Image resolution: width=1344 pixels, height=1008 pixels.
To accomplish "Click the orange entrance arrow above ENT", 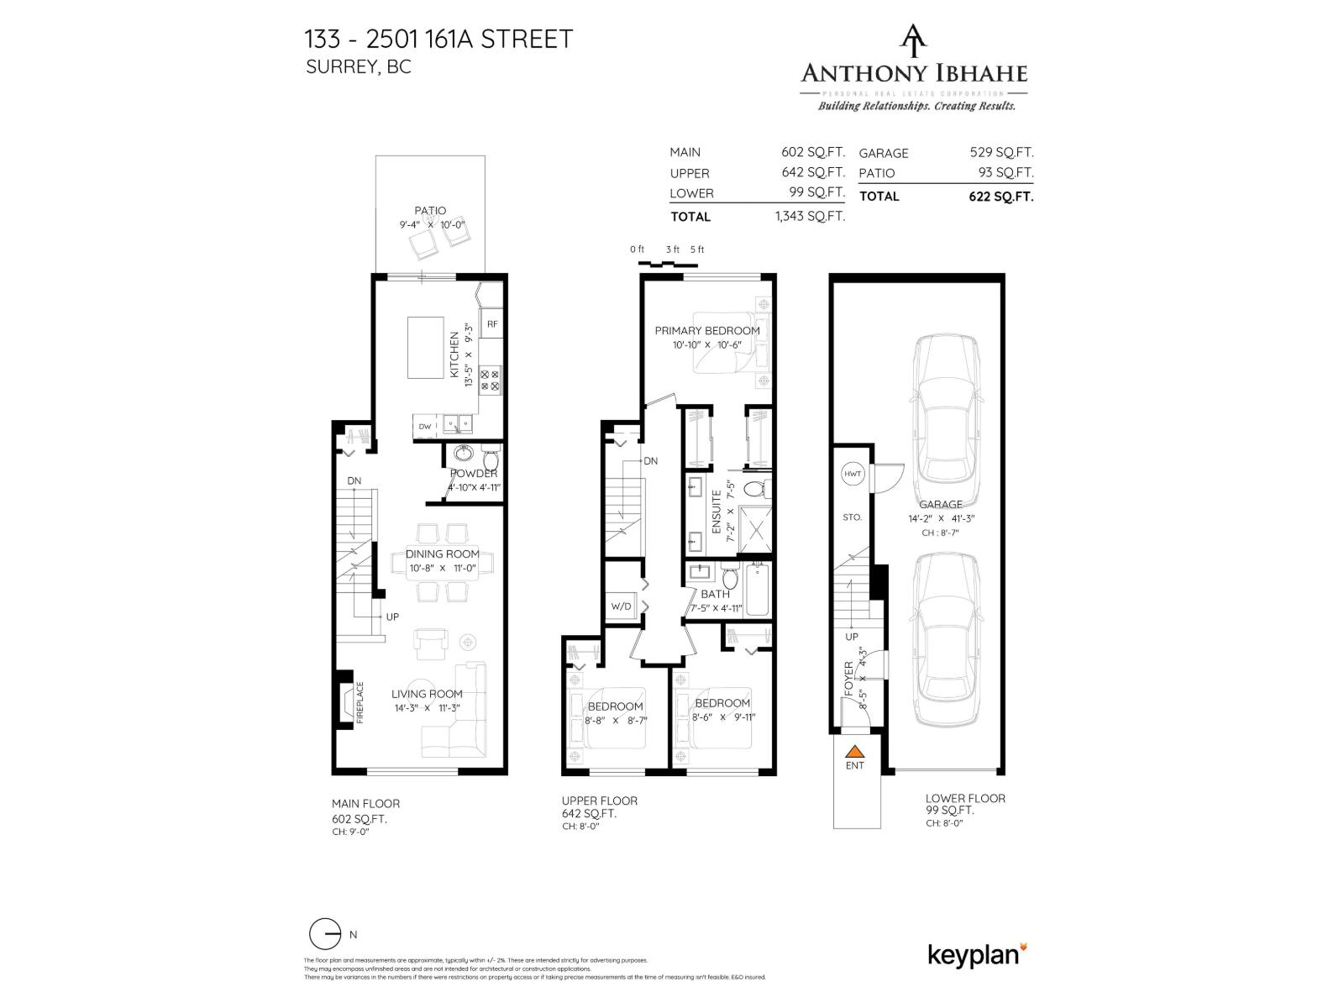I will (x=854, y=752).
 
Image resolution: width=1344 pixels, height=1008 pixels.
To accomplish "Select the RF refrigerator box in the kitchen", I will (x=492, y=323).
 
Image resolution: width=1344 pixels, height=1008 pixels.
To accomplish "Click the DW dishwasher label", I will (x=425, y=427).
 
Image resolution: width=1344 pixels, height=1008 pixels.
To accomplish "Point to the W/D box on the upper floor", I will (x=621, y=606).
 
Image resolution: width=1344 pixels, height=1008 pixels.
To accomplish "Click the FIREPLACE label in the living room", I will (x=360, y=702).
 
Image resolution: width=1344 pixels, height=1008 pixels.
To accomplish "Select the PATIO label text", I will (x=430, y=211).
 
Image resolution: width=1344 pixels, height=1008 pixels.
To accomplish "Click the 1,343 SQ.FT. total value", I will (x=809, y=216).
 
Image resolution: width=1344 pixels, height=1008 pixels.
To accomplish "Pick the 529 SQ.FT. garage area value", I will (x=1001, y=153).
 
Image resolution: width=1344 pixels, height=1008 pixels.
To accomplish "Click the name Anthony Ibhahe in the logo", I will (x=914, y=73).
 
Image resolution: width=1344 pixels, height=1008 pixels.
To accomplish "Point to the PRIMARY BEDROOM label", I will (x=707, y=330).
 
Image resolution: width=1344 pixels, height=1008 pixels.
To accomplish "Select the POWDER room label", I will (x=474, y=474).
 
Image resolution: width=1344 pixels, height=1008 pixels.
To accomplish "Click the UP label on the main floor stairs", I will (x=392, y=617).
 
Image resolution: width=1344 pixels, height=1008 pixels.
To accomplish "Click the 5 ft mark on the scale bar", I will (x=697, y=249).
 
